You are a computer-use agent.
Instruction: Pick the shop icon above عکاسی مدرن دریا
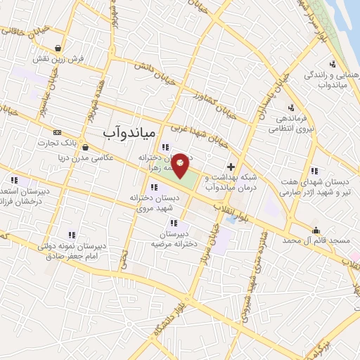point(85,148)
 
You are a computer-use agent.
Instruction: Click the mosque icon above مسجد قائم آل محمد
point(316,229)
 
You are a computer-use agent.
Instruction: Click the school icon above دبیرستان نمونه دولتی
point(70,235)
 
